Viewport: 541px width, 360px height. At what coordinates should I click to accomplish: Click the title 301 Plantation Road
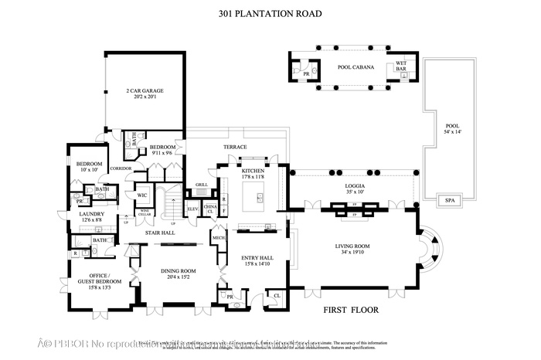(270, 14)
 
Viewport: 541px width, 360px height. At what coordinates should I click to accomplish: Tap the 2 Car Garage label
(145, 90)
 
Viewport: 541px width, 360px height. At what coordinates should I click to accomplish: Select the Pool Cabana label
(356, 67)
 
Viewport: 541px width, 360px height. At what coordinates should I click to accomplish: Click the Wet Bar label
(401, 66)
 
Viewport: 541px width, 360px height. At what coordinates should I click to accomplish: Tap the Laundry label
(90, 217)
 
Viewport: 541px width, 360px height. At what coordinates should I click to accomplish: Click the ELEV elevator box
(193, 208)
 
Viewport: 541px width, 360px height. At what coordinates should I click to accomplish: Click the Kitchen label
(253, 173)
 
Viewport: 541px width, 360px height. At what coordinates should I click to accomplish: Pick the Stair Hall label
(160, 232)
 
